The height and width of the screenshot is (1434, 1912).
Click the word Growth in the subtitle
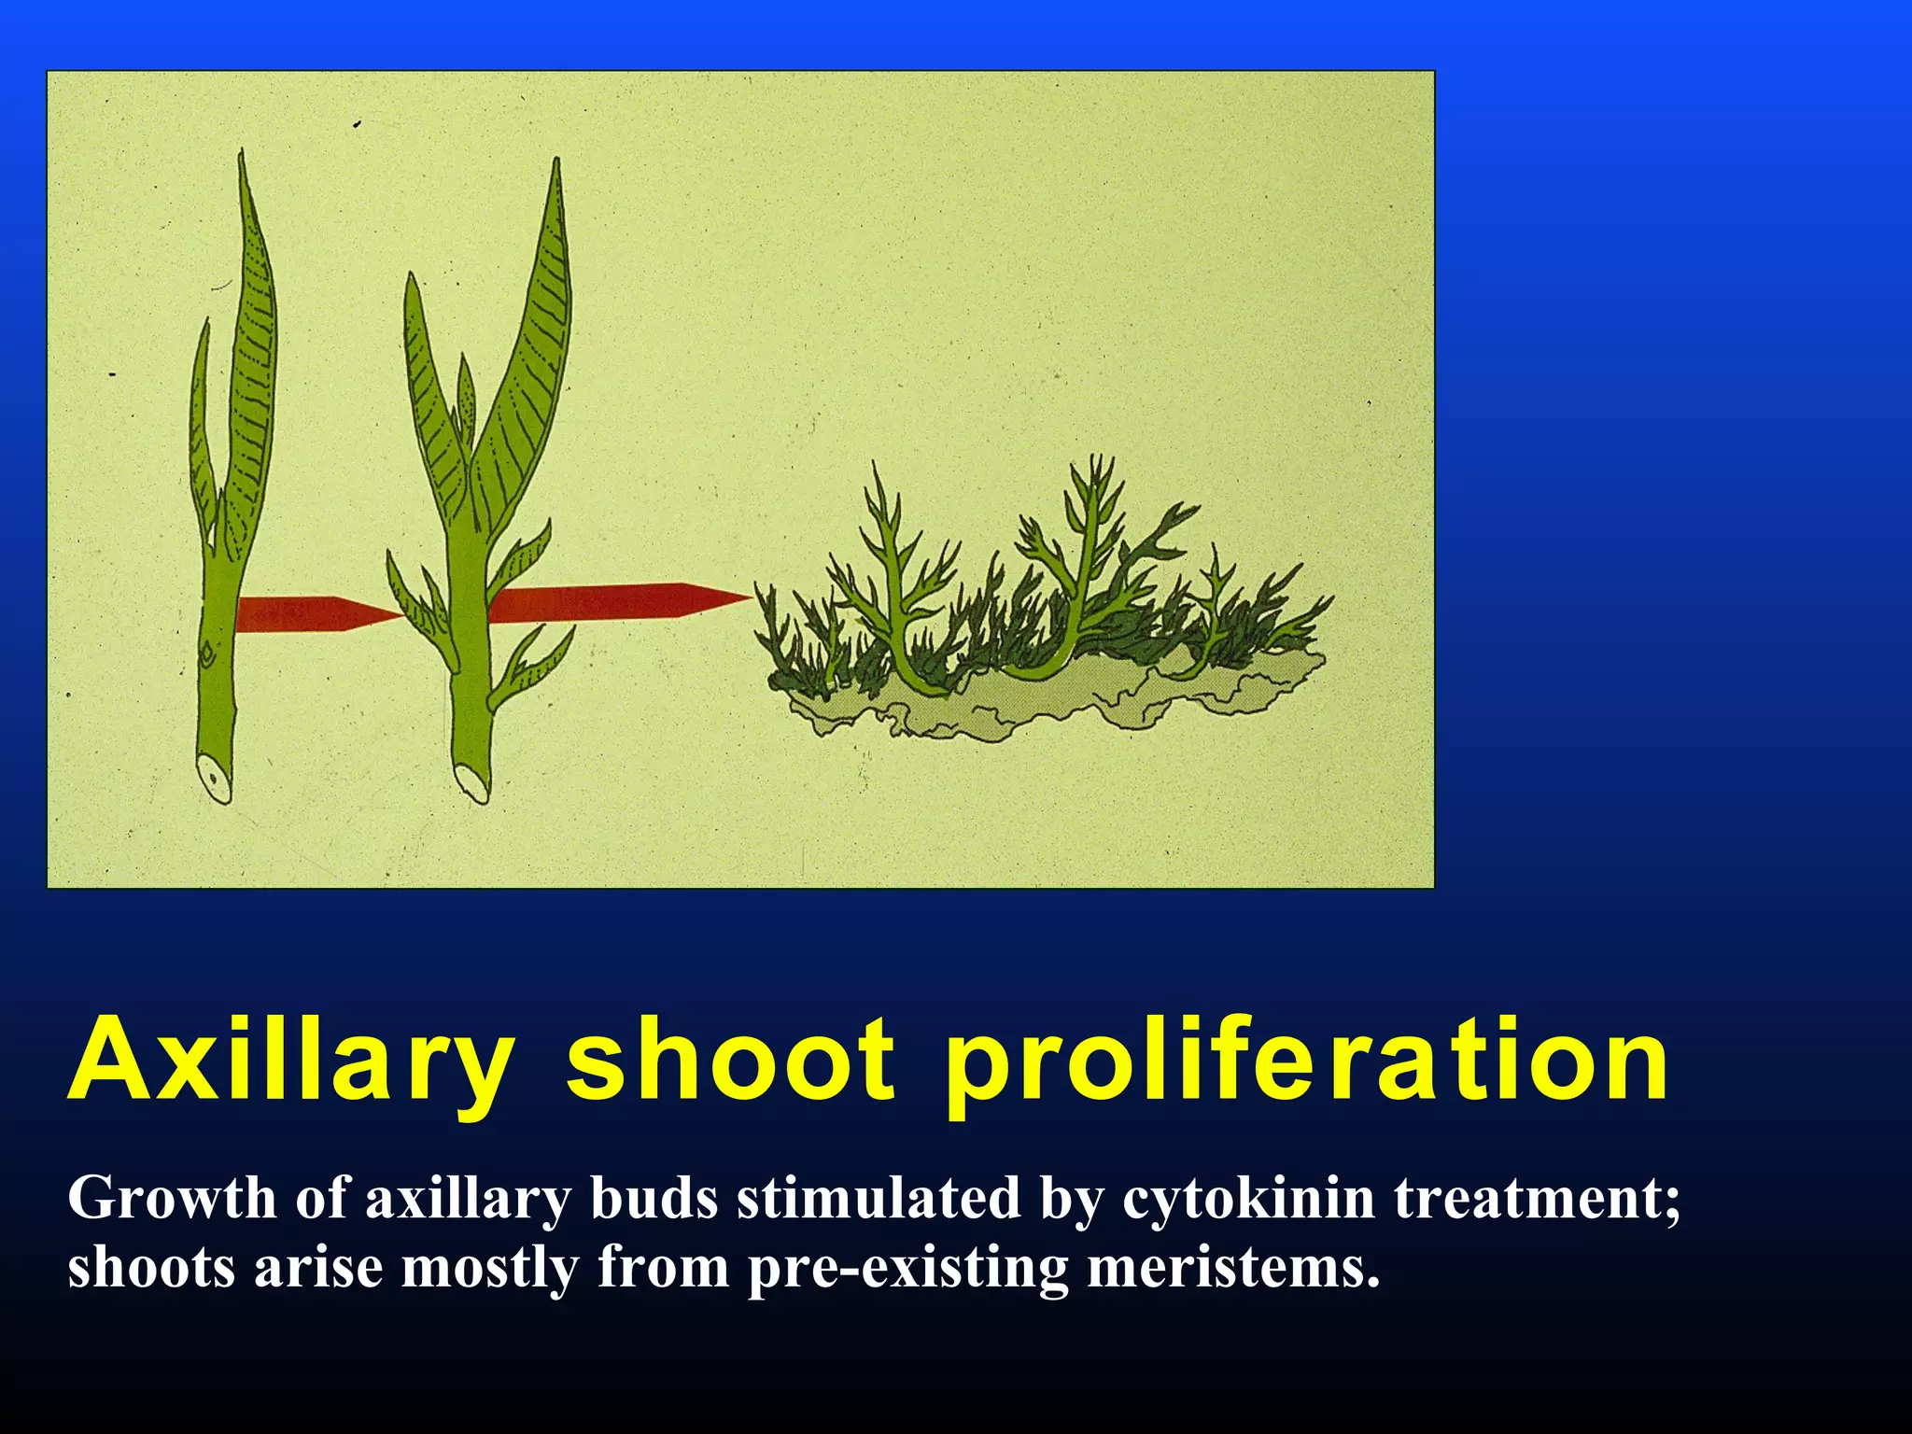pos(172,1199)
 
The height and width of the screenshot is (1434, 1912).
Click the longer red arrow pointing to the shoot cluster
pos(616,601)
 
